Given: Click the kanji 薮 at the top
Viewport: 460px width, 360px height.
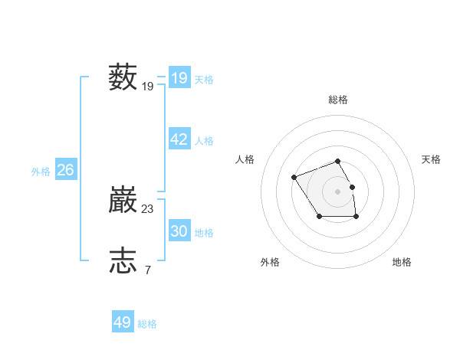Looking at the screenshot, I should point(123,77).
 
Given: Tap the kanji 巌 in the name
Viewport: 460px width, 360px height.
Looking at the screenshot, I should point(123,200).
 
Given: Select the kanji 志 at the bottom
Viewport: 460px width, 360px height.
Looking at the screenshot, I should point(123,260).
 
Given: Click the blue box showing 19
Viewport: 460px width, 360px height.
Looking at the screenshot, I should point(179,77).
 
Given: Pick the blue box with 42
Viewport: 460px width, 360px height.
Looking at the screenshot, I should point(179,139).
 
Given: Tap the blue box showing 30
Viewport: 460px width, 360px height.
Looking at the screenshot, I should point(179,231).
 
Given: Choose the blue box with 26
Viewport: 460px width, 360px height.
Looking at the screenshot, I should point(65,170).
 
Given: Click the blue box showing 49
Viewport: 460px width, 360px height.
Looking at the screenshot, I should point(123,322).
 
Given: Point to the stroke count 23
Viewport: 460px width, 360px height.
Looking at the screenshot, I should point(148,208).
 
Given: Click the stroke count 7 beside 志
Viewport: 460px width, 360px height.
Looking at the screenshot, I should point(147,270).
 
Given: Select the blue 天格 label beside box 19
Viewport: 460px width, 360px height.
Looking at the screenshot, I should point(204,80).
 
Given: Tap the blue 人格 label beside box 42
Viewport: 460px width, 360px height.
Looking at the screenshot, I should point(204,141).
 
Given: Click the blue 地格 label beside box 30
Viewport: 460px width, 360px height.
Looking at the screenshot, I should point(204,233).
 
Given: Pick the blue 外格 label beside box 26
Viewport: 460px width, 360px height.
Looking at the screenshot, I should point(41,172).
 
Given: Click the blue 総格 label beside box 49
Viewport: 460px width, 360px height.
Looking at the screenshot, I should point(147,324).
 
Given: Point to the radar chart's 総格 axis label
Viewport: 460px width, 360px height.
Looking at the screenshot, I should point(338,100).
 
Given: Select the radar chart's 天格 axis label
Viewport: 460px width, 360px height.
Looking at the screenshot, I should point(432,159).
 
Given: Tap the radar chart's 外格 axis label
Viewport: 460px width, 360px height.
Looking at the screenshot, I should point(270,262).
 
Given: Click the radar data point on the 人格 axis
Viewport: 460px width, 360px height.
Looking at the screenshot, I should point(294,178).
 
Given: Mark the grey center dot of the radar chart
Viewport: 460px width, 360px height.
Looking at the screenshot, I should point(338,191).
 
